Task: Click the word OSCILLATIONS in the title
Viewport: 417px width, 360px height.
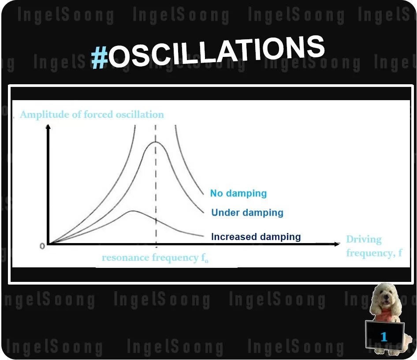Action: tap(216, 52)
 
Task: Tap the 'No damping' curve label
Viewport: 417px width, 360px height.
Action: tap(238, 193)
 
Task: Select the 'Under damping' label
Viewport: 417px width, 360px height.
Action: tap(247, 213)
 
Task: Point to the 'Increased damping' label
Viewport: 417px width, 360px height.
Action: tap(256, 237)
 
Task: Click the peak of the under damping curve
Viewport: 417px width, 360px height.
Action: tap(155, 142)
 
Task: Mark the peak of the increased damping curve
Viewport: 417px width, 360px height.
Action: tap(132, 211)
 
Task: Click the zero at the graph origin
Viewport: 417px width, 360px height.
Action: tap(42, 246)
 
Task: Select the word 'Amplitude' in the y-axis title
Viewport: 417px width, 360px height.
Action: tap(39, 115)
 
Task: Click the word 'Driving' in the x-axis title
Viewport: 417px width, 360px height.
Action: tap(364, 240)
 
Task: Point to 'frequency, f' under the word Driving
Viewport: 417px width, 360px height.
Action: tap(374, 253)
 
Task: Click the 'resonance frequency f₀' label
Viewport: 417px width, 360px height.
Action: tap(155, 258)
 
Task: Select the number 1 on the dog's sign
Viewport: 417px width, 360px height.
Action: tap(384, 337)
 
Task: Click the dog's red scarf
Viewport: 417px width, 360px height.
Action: tap(384, 315)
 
